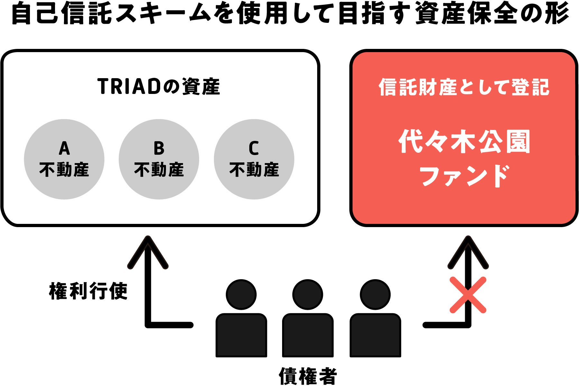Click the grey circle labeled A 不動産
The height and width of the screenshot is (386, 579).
click(x=64, y=159)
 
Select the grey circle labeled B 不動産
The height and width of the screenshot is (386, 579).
click(x=159, y=159)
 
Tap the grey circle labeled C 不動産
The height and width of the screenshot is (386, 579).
click(x=254, y=159)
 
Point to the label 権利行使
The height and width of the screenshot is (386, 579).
click(x=88, y=291)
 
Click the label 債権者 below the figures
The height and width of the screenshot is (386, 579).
click(x=308, y=376)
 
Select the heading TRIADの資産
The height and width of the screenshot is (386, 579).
click(x=159, y=87)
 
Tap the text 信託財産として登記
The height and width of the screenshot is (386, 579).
click(x=464, y=87)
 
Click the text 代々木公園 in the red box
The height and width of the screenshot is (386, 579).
click(x=464, y=142)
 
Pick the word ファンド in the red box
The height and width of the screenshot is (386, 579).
click(x=464, y=176)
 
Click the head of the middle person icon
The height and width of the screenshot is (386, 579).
click(x=308, y=295)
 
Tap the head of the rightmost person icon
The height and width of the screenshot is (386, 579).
click(x=375, y=295)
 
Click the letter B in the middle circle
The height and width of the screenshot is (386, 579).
click(x=159, y=149)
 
